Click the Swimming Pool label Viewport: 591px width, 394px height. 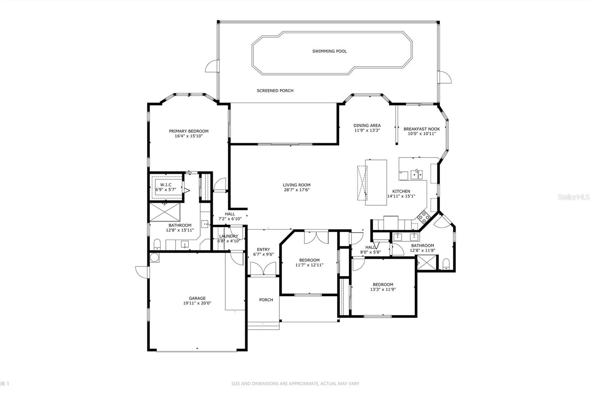(329, 51)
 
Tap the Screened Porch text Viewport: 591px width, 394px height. (275, 91)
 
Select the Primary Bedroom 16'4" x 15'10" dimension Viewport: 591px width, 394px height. (189, 136)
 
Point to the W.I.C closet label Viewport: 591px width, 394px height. (166, 185)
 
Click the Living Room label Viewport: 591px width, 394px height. (297, 185)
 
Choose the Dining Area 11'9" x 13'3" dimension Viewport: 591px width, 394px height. (367, 130)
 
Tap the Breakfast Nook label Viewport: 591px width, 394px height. (421, 129)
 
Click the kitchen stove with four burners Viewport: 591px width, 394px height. (424, 217)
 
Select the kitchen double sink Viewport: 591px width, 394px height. (417, 174)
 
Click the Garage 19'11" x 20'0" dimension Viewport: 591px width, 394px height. (197, 303)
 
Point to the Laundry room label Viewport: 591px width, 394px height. (229, 236)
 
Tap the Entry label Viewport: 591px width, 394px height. (263, 249)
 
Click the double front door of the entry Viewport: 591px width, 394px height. (263, 269)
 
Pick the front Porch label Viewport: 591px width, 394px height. (266, 300)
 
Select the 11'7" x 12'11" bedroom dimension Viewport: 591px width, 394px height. (309, 265)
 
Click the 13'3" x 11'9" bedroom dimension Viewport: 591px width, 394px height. (383, 289)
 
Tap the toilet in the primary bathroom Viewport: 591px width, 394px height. (157, 244)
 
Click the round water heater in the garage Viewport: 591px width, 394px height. (154, 258)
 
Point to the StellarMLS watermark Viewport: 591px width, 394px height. (574, 197)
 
